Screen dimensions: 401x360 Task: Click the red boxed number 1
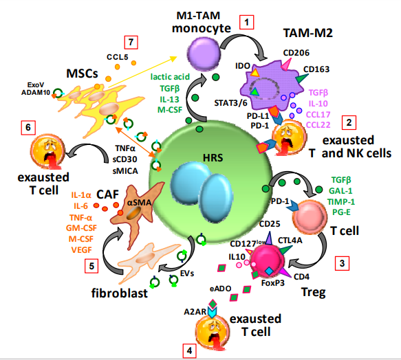click(x=246, y=23)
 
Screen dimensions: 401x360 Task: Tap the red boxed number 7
click(x=131, y=42)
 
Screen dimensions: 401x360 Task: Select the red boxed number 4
click(x=190, y=350)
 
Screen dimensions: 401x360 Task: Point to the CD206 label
click(x=296, y=53)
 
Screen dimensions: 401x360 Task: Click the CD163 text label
click(x=316, y=69)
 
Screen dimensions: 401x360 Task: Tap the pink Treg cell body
click(x=268, y=260)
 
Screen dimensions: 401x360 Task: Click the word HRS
click(x=213, y=158)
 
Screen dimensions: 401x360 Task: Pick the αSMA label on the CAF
click(x=139, y=203)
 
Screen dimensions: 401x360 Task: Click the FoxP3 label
click(x=273, y=283)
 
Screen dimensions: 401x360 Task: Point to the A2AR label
click(x=195, y=312)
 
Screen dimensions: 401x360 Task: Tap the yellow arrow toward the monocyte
click(x=142, y=72)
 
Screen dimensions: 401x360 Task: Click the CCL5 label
click(x=118, y=57)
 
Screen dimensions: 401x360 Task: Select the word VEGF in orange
click(x=81, y=250)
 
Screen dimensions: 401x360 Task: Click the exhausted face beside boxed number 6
click(x=48, y=151)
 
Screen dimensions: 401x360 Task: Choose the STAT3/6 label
click(x=230, y=103)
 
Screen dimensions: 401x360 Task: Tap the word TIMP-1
click(x=341, y=202)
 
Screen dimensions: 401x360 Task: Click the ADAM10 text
click(x=36, y=93)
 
